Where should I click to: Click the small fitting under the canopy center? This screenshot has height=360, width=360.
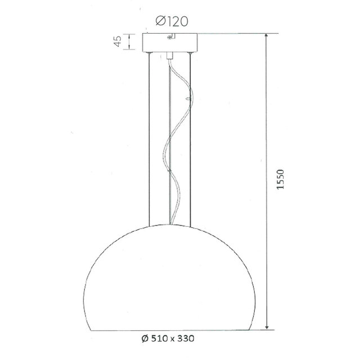(169, 55)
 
